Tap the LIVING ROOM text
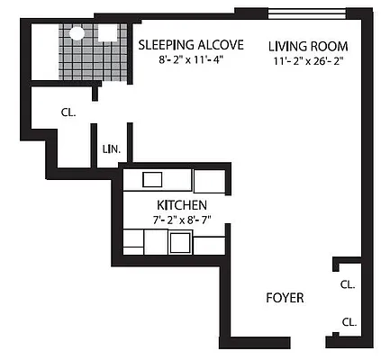[x=307, y=47]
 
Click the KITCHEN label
[x=177, y=204]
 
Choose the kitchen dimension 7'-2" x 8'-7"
[x=177, y=219]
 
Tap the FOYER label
[x=285, y=298]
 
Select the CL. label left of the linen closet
[x=68, y=113]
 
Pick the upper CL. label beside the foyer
[x=348, y=284]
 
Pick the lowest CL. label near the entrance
[x=348, y=321]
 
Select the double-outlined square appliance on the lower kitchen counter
[x=180, y=242]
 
